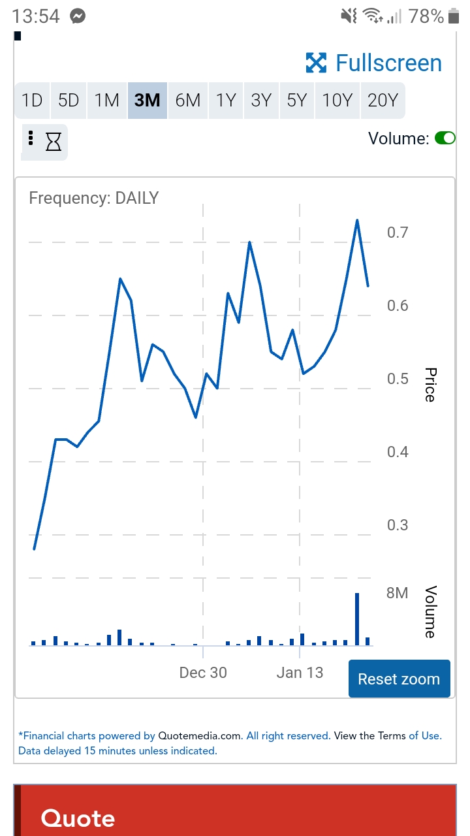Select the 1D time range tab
point(32,100)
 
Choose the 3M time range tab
point(147,100)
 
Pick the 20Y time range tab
point(383,100)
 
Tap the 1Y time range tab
point(226,100)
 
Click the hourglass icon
point(54,141)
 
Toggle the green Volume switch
point(445,138)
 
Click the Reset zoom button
point(399,679)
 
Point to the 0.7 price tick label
point(398,233)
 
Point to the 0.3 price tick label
point(398,525)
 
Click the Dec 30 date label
point(203,673)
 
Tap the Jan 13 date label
point(300,673)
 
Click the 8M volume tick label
point(397,593)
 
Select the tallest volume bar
point(357,619)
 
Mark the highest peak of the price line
point(357,220)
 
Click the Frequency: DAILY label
point(94,198)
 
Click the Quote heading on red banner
point(78,818)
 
